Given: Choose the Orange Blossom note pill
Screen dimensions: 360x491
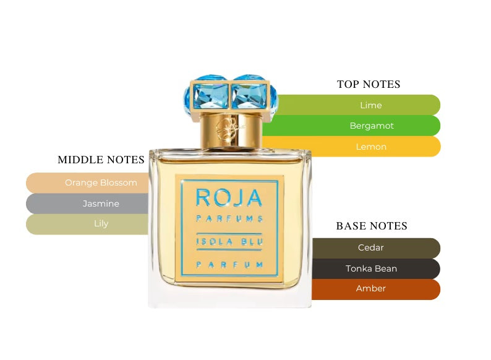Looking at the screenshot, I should pos(93,183).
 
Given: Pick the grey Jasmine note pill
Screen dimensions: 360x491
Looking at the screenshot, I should pos(93,204).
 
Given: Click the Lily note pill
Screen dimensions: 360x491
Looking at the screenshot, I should pos(93,224).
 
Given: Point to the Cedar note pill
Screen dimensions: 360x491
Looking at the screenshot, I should pos(371,248).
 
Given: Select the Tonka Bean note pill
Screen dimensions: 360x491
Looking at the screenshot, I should pos(371,268).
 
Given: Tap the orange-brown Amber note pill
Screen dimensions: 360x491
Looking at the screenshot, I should pos(371,289).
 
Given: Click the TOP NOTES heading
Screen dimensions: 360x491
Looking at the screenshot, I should pos(369,84).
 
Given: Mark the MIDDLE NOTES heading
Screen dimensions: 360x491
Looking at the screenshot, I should pos(101,160).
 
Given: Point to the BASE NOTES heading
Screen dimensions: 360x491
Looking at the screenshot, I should pos(372,226).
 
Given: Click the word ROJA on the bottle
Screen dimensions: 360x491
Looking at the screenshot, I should pos(229,197).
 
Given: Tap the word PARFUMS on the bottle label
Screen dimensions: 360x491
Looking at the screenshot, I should pos(229,218).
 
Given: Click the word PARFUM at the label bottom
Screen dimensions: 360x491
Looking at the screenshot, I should pos(229,265).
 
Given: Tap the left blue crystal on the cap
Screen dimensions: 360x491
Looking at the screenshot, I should pos(207,96).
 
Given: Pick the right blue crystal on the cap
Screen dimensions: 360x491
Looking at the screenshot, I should pos(253,96).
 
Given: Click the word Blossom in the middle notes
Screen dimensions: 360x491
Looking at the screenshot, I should pos(118,183).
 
